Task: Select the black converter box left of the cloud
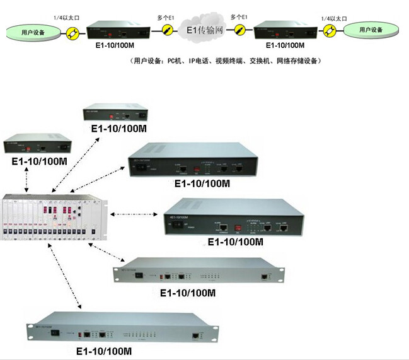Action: click(113, 29)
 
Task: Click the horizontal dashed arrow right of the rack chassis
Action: click(133, 214)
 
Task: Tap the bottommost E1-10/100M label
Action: click(103, 350)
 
